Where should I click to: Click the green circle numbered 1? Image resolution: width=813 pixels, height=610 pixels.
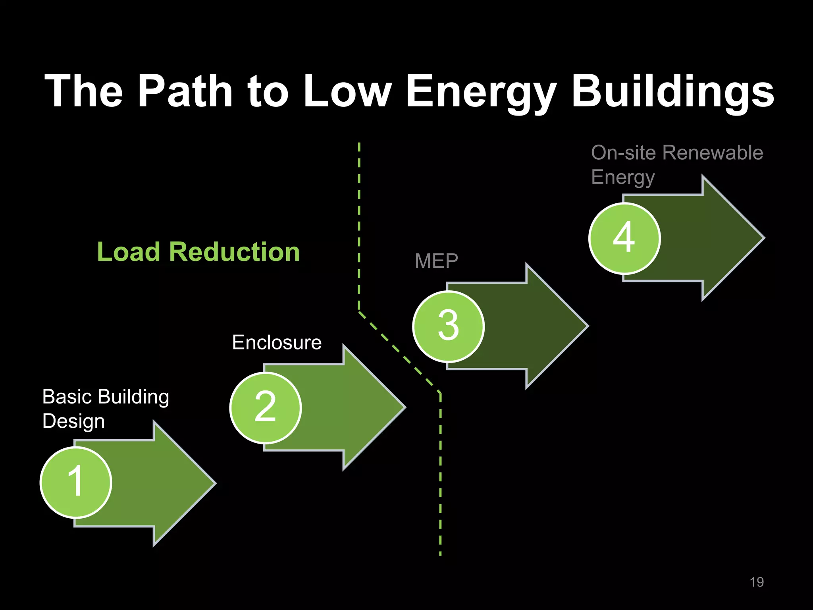click(x=76, y=482)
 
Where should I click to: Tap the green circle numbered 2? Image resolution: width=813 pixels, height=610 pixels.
click(x=265, y=407)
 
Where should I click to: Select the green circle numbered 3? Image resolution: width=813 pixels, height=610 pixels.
click(x=448, y=326)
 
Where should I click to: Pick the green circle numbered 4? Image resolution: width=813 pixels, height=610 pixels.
click(x=624, y=238)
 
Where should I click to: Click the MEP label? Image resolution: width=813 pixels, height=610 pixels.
click(x=436, y=261)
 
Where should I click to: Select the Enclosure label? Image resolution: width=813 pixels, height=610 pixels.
click(x=277, y=342)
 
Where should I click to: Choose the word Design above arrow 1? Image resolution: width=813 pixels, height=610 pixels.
click(x=73, y=421)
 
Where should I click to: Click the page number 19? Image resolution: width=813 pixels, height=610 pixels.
click(x=756, y=582)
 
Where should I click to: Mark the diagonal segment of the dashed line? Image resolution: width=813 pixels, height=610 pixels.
click(x=399, y=352)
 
